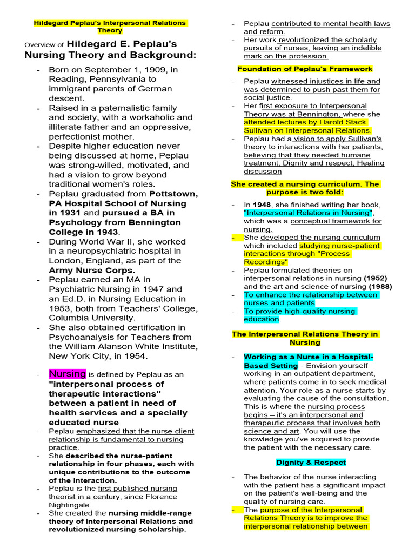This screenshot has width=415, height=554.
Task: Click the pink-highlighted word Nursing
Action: click(x=68, y=373)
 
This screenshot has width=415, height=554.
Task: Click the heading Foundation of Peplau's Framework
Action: click(x=305, y=69)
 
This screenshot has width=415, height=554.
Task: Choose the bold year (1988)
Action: click(x=380, y=287)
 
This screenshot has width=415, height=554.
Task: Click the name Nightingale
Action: click(x=71, y=505)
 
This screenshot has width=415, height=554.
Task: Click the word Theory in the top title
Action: click(x=110, y=31)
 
